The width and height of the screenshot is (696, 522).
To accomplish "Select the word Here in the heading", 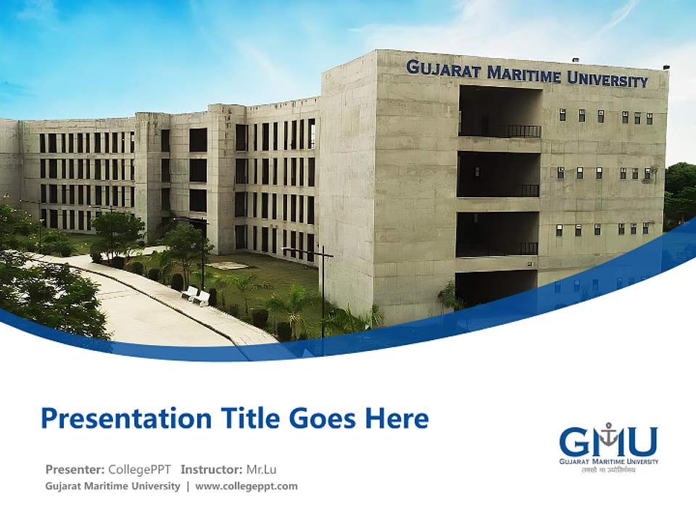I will (x=397, y=418).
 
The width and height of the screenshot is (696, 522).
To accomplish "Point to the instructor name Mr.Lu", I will (x=261, y=469).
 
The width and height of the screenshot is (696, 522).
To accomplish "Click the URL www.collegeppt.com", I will (x=246, y=486).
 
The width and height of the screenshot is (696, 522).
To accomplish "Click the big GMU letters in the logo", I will (x=608, y=441).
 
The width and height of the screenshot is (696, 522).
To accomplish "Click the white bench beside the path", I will (x=195, y=294).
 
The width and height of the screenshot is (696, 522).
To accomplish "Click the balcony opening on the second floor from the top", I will (x=499, y=174).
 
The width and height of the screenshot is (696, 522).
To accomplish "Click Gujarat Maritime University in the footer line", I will (x=112, y=486).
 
